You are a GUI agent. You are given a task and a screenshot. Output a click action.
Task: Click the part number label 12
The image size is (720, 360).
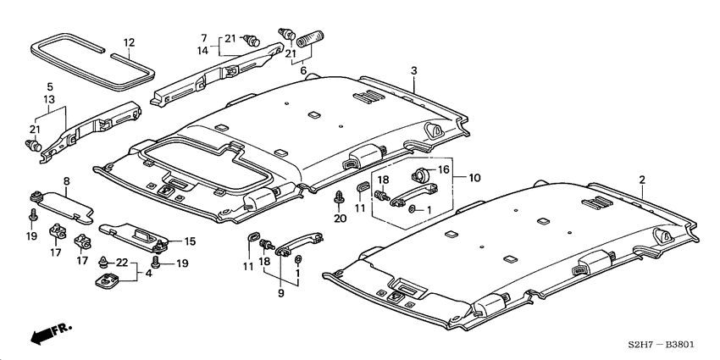[x=129, y=42]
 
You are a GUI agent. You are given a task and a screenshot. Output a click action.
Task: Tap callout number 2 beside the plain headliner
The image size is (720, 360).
[x=642, y=180]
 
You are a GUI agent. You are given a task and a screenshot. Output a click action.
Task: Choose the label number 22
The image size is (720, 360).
[x=122, y=264]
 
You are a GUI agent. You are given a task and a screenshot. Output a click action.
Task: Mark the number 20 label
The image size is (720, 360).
[x=341, y=219]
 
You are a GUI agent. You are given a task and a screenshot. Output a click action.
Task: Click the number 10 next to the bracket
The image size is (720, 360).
[x=474, y=178]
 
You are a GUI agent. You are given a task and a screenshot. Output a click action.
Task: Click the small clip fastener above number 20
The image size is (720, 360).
[x=340, y=200]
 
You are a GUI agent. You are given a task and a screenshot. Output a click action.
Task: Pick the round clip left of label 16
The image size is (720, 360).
[x=418, y=175]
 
